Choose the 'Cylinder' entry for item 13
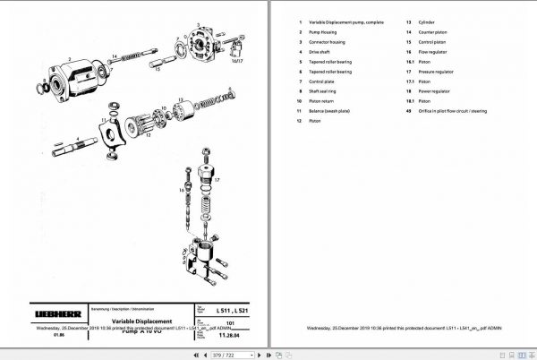pyautogui.click(x=426, y=21)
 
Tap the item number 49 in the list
pyautogui.click(x=408, y=111)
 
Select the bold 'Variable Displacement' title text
pyautogui.click(x=141, y=321)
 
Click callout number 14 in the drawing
pyautogui.click(x=114, y=57)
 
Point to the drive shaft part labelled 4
pyautogui.click(x=89, y=143)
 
